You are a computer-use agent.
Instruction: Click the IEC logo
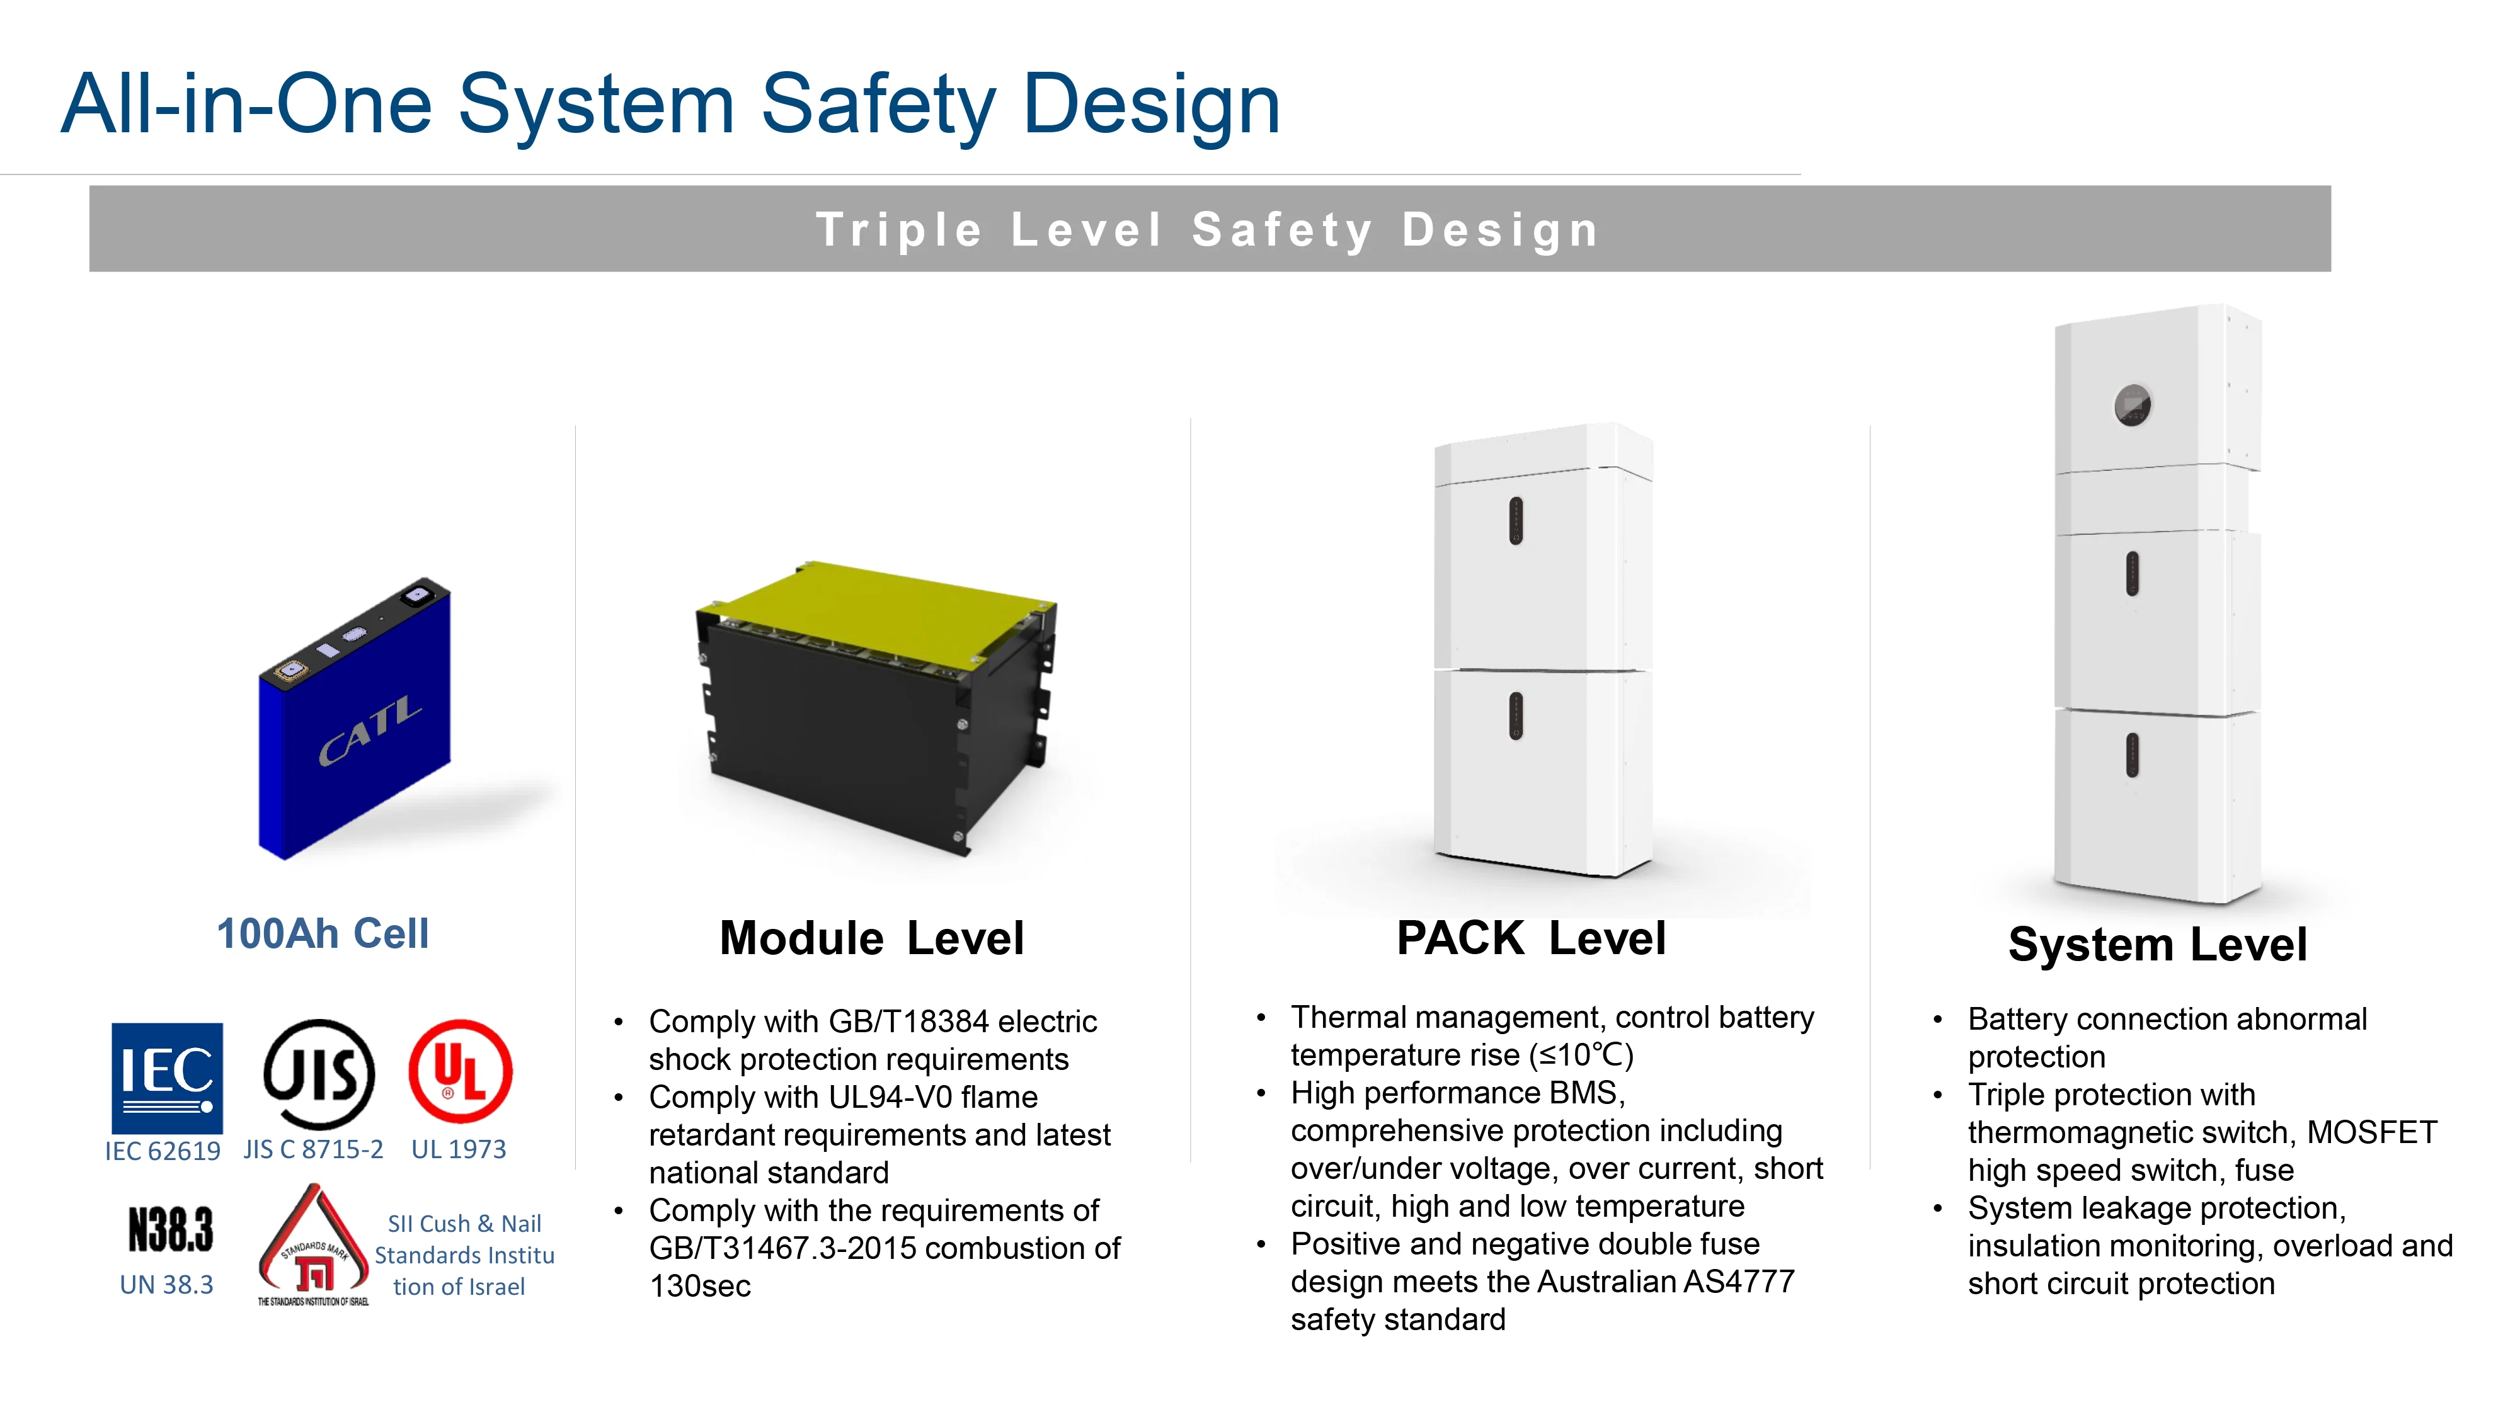(166, 1078)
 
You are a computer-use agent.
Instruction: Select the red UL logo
(460, 1071)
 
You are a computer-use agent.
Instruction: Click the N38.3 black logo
(170, 1229)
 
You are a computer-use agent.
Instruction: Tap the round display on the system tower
(2132, 405)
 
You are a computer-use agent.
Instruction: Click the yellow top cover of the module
(881, 611)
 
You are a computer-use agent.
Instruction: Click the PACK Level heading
(1531, 938)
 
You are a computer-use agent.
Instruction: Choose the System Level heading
(2157, 945)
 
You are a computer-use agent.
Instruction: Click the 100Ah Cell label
(323, 934)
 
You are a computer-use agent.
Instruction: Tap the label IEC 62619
(163, 1151)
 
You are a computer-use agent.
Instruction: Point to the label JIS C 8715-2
(313, 1149)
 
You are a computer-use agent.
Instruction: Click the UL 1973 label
(459, 1149)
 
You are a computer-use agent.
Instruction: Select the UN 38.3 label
(166, 1285)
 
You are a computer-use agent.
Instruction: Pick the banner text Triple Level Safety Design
(1208, 230)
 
